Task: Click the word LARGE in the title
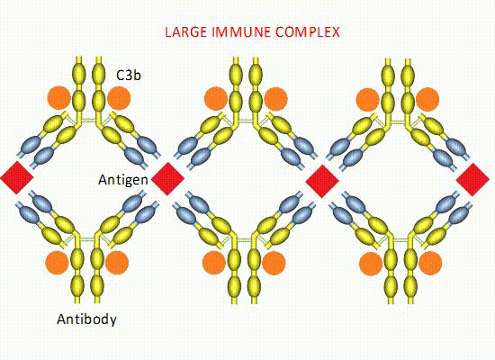click(186, 32)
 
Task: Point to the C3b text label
click(129, 76)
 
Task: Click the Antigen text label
click(123, 180)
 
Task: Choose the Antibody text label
click(86, 319)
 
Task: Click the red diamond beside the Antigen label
click(167, 179)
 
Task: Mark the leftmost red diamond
click(17, 177)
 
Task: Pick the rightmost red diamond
click(472, 180)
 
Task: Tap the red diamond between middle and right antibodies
click(322, 181)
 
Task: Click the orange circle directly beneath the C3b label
click(119, 98)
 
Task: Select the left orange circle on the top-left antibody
click(59, 98)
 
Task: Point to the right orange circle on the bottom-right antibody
click(430, 264)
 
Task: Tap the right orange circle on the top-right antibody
click(427, 100)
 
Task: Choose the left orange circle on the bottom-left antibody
click(57, 263)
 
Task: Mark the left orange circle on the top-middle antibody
click(216, 99)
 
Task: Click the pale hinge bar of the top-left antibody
click(88, 121)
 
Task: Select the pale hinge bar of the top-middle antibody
click(246, 121)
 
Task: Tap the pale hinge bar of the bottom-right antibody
click(400, 240)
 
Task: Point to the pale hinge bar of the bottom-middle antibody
click(244, 240)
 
